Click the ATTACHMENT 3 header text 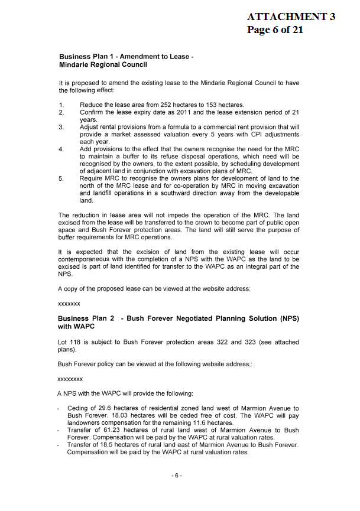pyautogui.click(x=291, y=17)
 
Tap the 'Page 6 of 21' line pyautogui.click(x=275, y=30)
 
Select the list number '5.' pyautogui.click(x=61, y=178)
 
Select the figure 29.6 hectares pyautogui.click(x=100, y=408)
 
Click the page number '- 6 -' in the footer pyautogui.click(x=177, y=476)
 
